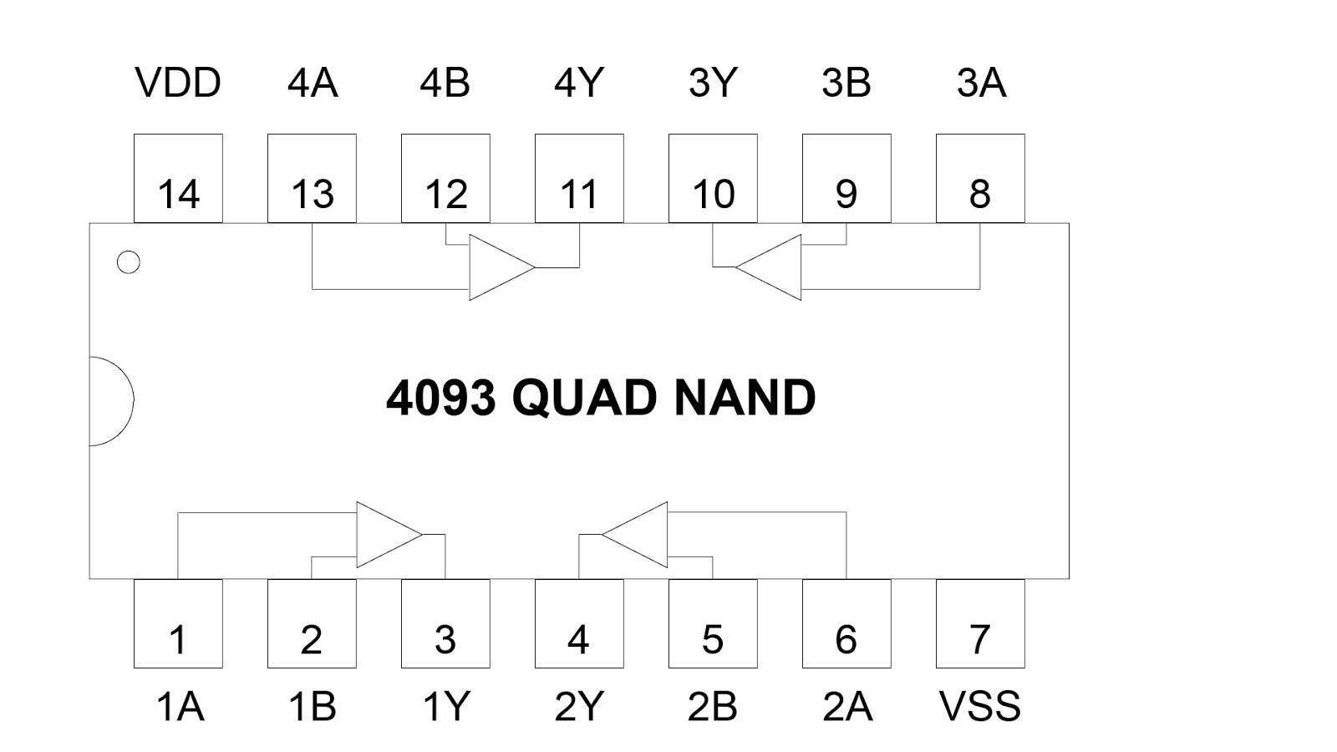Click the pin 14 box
[x=178, y=179]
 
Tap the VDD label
[x=178, y=84]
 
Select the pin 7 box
[x=980, y=624]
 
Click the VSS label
[x=980, y=707]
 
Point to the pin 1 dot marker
[x=129, y=262]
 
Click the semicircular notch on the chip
[x=109, y=401]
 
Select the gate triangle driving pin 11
[x=498, y=267]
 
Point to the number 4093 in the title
[x=441, y=398]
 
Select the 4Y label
[x=578, y=84]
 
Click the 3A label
[x=981, y=84]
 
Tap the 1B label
[x=312, y=707]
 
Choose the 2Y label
[x=578, y=707]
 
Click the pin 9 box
[x=846, y=179]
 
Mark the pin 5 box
[x=713, y=624]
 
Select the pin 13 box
[x=312, y=179]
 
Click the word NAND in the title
[x=745, y=398]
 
